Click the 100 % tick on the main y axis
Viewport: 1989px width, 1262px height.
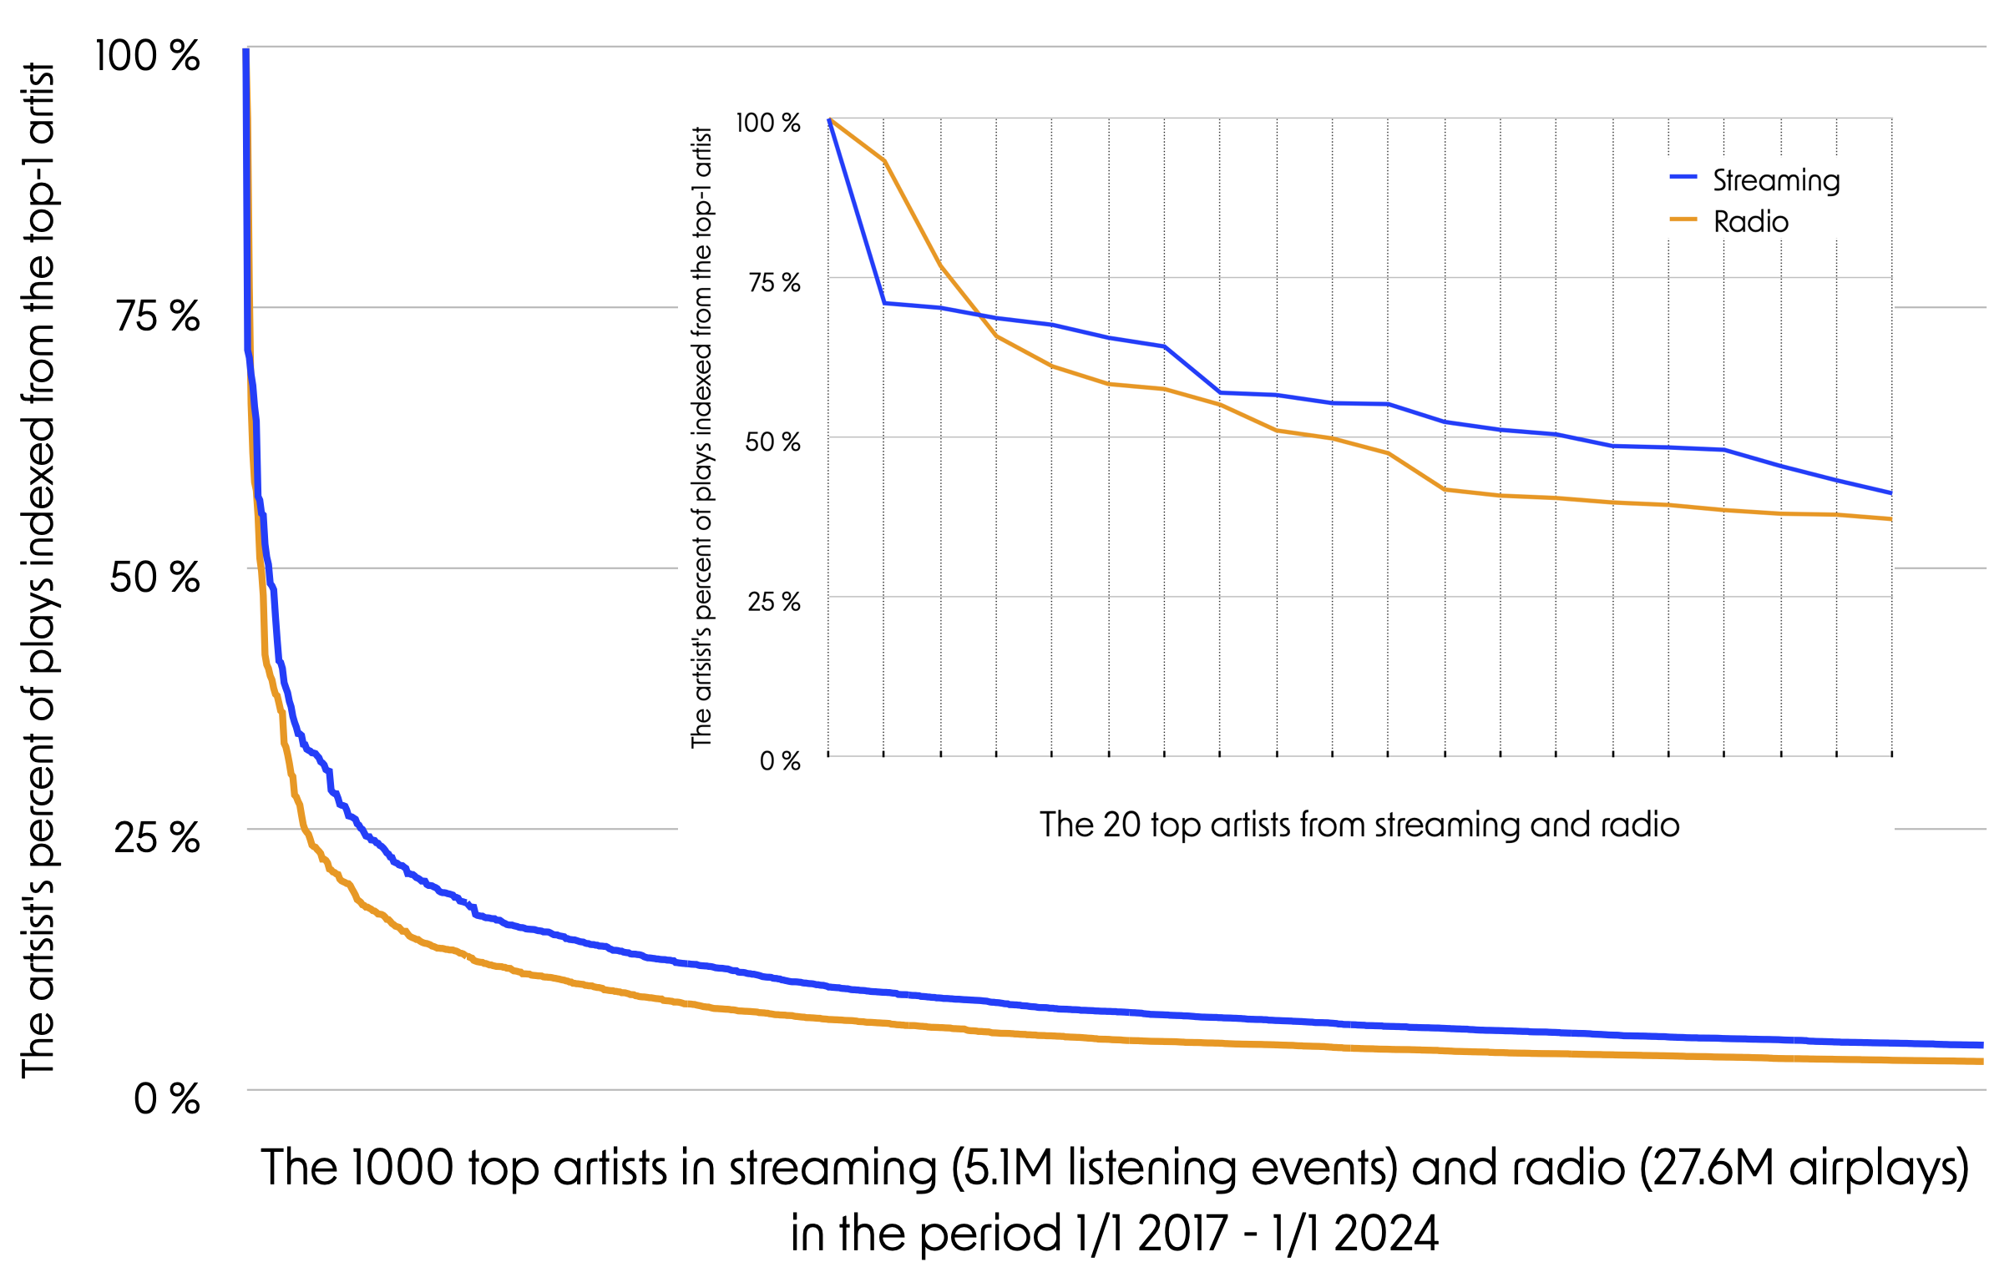tap(147, 56)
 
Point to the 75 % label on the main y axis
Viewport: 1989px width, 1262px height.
tap(158, 316)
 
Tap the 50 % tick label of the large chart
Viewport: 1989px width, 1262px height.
tap(155, 577)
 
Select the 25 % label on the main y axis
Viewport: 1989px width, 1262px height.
tap(157, 837)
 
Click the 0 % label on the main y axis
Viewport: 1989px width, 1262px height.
tap(167, 1098)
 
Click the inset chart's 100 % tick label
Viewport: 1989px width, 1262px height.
tap(767, 123)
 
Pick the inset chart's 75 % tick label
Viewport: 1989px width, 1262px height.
tap(774, 282)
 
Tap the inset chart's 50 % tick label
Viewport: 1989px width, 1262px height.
tap(772, 442)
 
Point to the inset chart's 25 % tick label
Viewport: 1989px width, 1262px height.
tap(773, 601)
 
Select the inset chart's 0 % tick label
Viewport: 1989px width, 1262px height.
tap(780, 760)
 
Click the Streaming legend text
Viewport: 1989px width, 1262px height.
tap(1776, 180)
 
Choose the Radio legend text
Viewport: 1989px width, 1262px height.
tap(1751, 222)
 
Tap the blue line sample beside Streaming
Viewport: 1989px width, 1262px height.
tap(1683, 177)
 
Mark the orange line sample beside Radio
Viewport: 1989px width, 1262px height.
tap(1683, 219)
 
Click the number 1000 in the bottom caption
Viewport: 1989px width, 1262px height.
tap(402, 1168)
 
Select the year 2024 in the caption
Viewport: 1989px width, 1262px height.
tap(1386, 1234)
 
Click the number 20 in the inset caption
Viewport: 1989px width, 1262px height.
tap(1121, 825)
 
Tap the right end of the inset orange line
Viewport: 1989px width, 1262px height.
tap(1890, 519)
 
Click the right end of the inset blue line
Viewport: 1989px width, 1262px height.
tap(1890, 493)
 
